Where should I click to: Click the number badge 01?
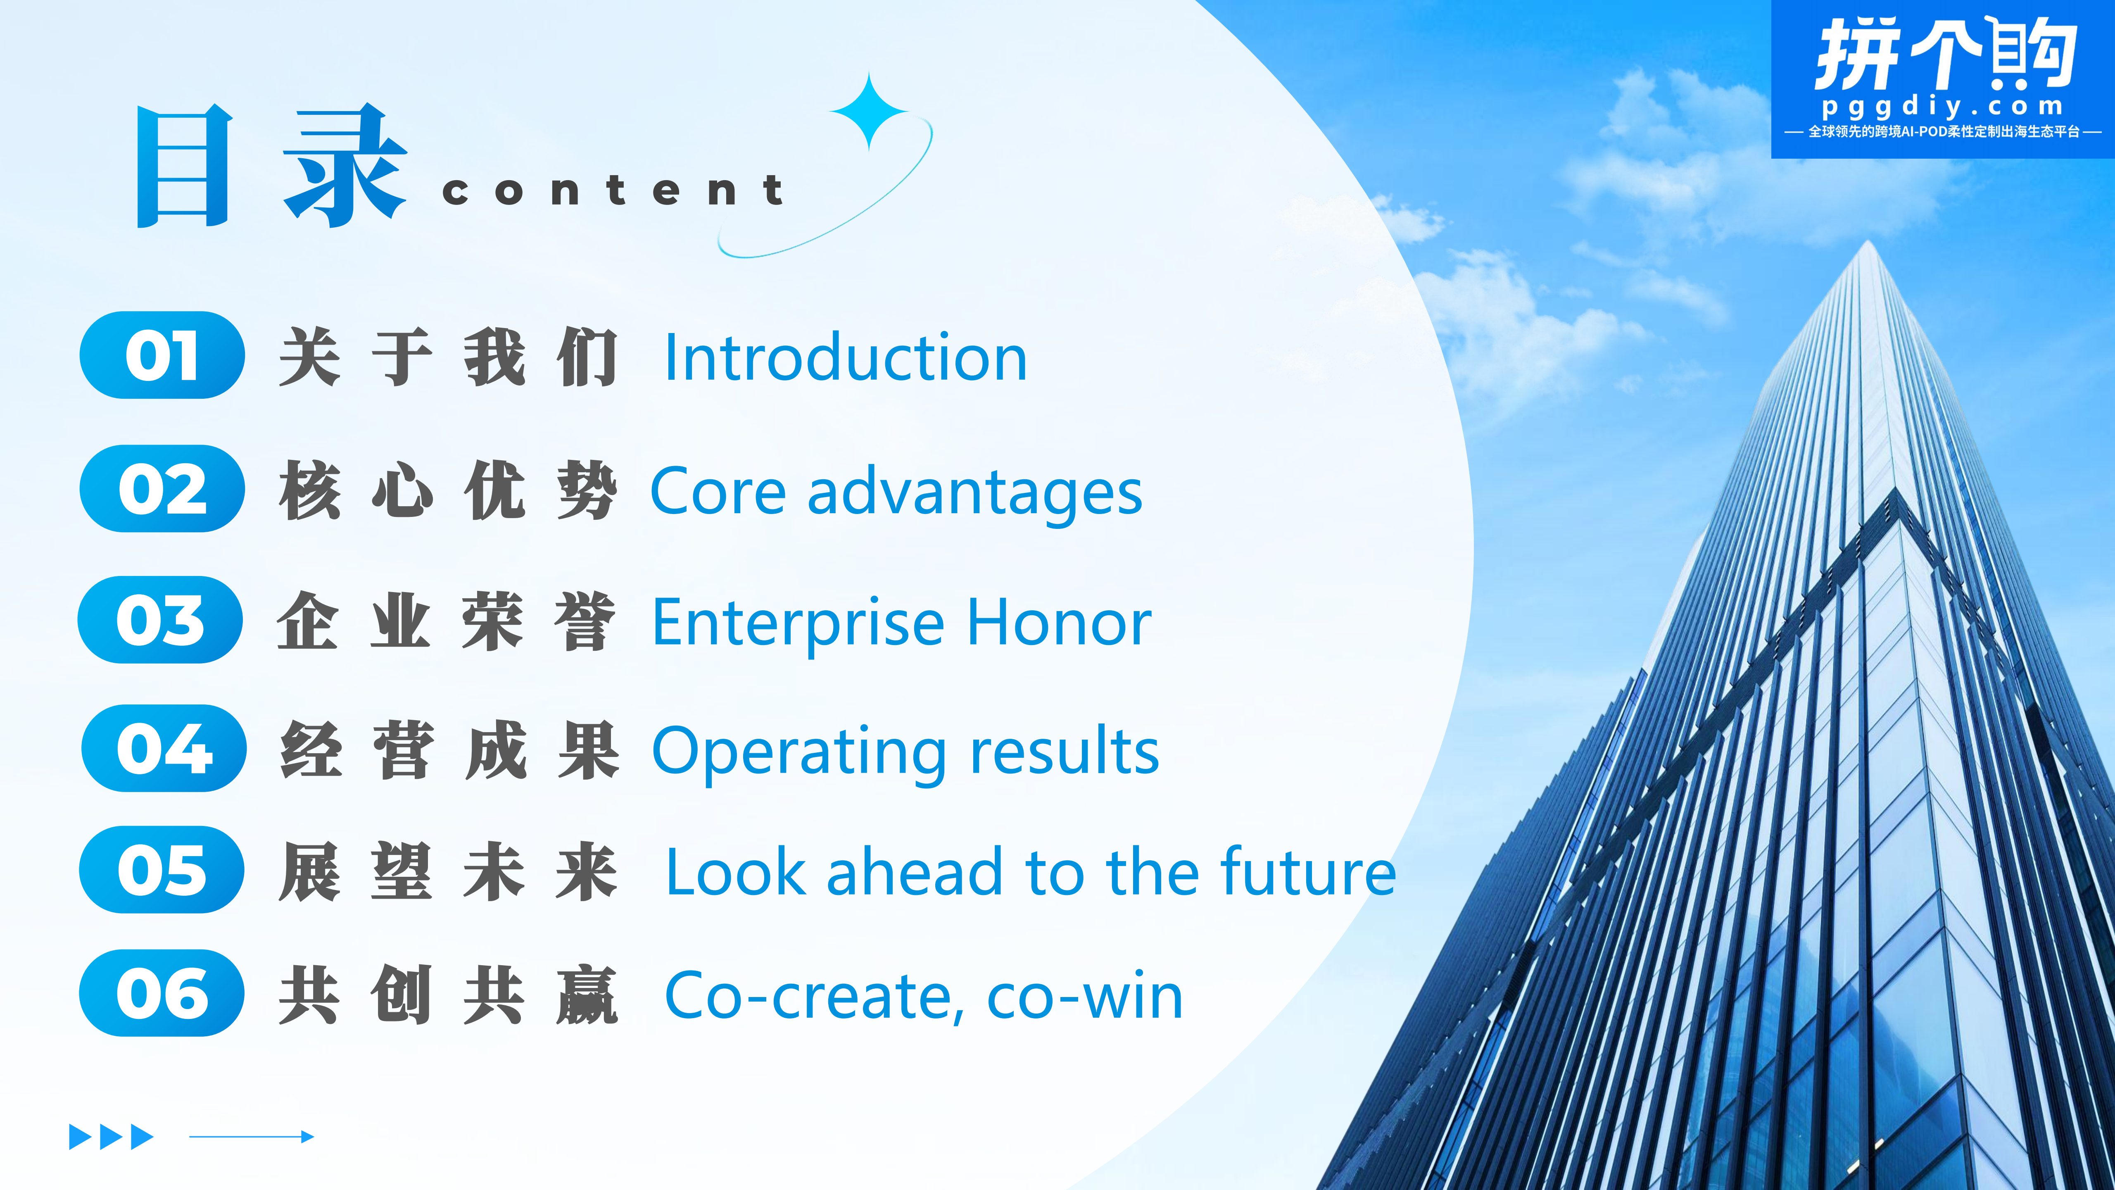pyautogui.click(x=162, y=355)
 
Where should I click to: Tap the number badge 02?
pyautogui.click(x=162, y=489)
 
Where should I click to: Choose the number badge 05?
pyautogui.click(x=162, y=870)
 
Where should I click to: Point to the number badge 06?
pyautogui.click(x=162, y=993)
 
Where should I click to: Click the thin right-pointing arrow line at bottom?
pyautogui.click(x=251, y=1137)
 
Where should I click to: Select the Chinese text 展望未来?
pyautogui.click(x=447, y=871)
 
